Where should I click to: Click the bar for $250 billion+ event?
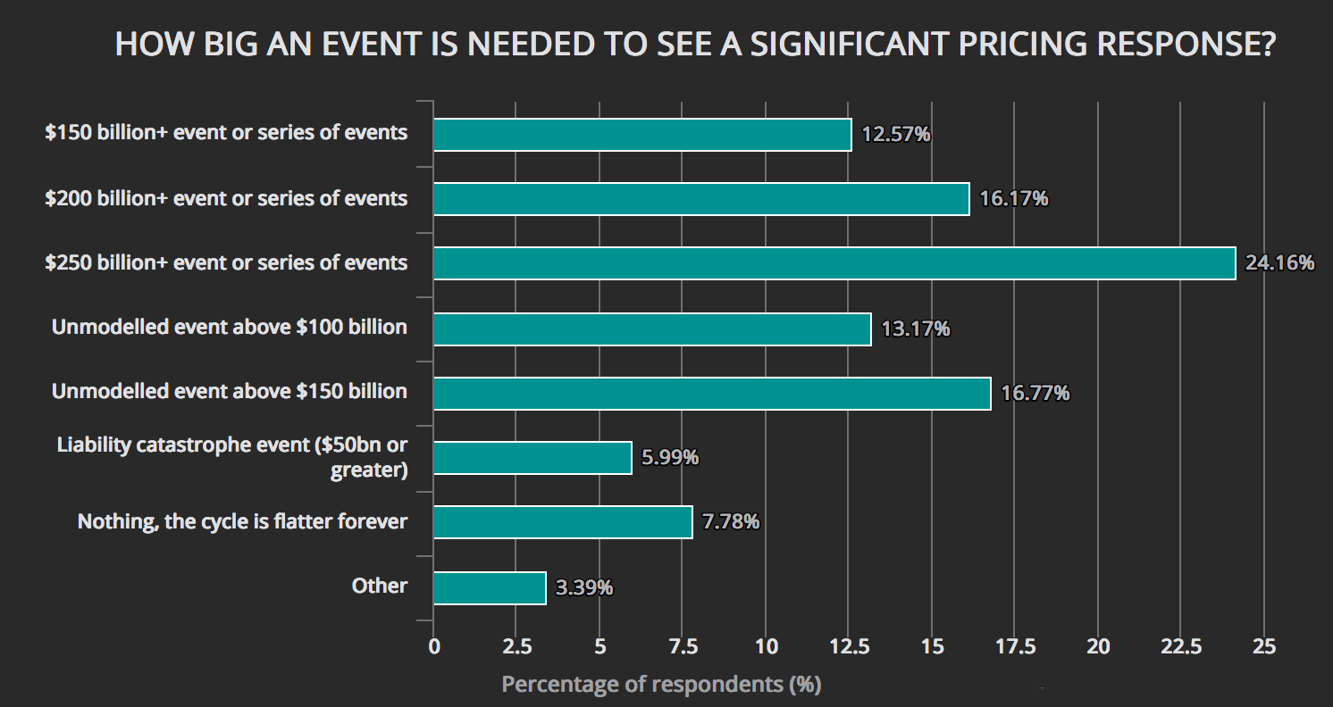tap(834, 263)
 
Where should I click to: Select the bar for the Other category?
tap(489, 588)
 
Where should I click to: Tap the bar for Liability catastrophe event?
tap(532, 458)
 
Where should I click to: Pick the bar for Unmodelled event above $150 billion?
tap(711, 394)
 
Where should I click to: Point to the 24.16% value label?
tap(1280, 263)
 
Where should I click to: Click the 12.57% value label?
tap(896, 135)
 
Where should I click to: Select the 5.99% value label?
tap(670, 458)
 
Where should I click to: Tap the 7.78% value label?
tap(731, 522)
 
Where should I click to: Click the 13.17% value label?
tap(916, 329)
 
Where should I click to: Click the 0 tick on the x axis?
tap(434, 646)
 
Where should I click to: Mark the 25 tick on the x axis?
tap(1264, 646)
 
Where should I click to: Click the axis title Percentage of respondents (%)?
tap(661, 685)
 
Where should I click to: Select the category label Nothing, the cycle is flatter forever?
tap(242, 521)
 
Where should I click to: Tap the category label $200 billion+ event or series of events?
tap(226, 198)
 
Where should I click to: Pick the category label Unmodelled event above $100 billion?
tap(230, 327)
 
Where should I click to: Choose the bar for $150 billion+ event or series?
tap(641, 135)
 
